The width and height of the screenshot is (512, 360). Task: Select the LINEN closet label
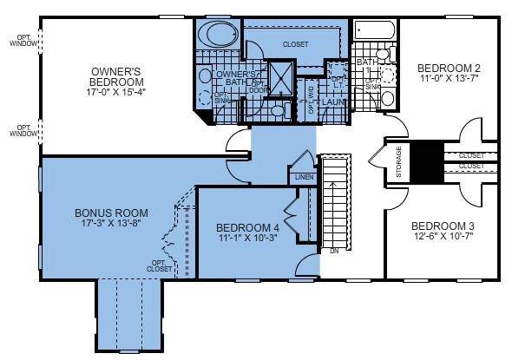click(x=303, y=178)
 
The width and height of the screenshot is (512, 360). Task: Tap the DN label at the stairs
click(x=334, y=252)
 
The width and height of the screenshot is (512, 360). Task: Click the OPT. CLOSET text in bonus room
click(x=161, y=265)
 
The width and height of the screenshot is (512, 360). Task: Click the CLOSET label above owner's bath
click(x=295, y=43)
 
